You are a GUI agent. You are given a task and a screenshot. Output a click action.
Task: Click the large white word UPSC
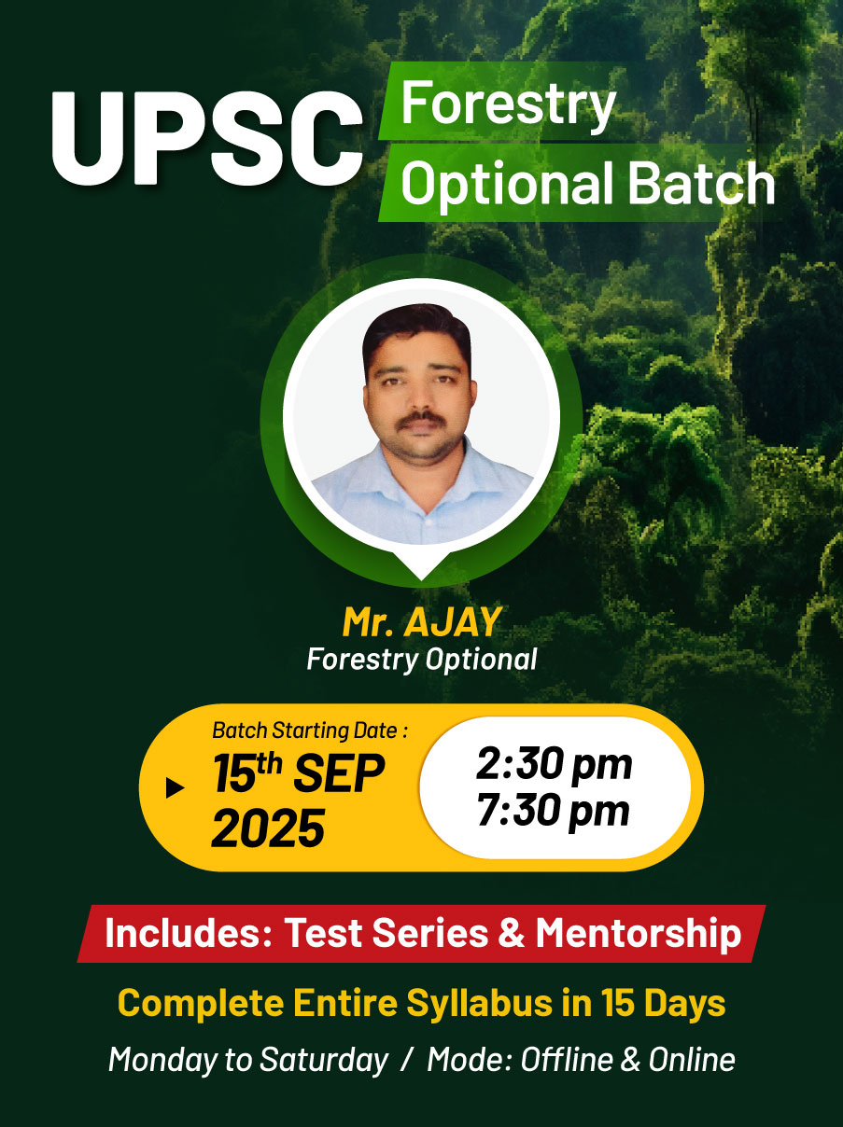[x=206, y=139]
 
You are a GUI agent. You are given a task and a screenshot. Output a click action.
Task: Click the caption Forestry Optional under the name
[x=422, y=660]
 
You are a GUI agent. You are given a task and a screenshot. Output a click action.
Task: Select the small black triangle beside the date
[x=174, y=788]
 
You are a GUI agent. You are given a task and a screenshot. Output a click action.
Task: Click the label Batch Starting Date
[x=310, y=730]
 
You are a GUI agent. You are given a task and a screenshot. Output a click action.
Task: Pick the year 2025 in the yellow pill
[x=267, y=828]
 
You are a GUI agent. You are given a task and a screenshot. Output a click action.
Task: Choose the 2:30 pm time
[x=554, y=765]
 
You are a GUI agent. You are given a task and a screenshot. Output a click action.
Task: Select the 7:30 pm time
[x=554, y=811]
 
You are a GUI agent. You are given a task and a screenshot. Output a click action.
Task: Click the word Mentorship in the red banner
[x=639, y=933]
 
